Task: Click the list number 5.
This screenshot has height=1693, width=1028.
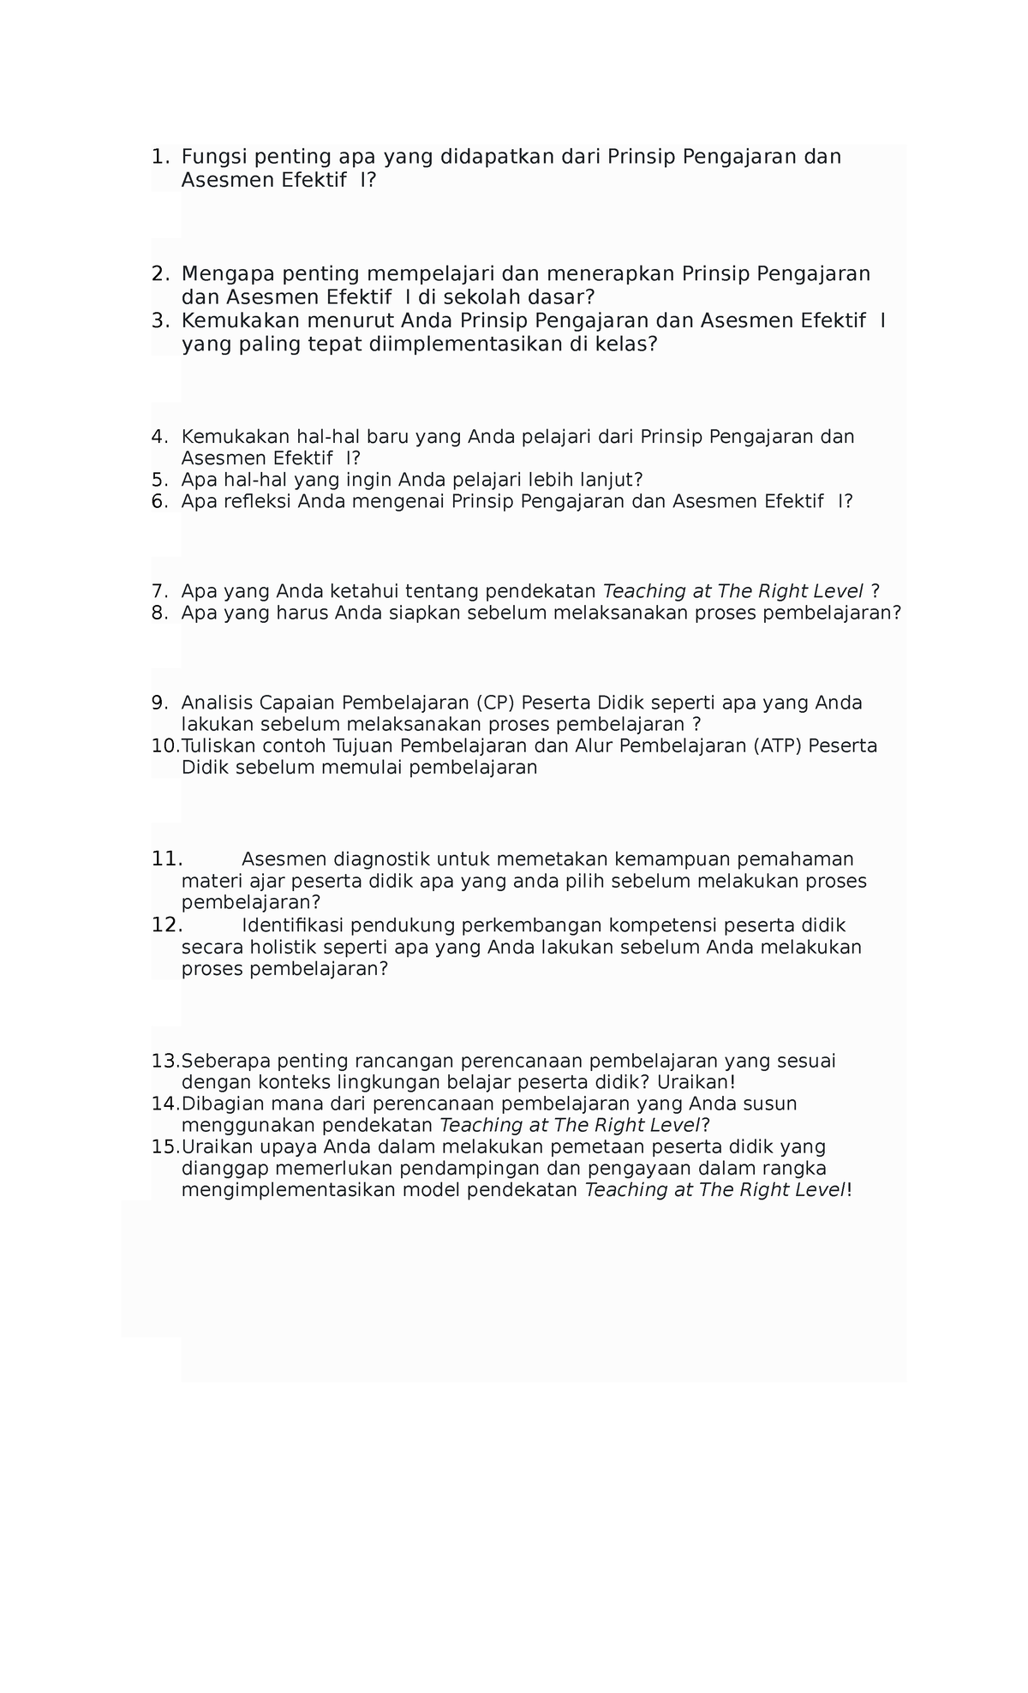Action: pos(158,479)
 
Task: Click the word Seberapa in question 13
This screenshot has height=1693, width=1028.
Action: pos(224,1062)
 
